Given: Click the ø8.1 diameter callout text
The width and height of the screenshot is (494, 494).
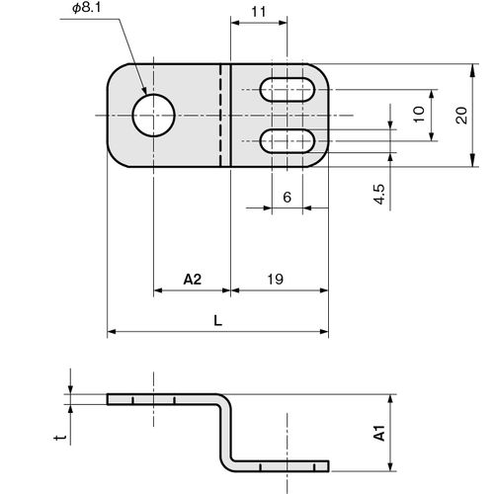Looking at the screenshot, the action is (87, 8).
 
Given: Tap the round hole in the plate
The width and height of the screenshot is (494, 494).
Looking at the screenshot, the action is (153, 116).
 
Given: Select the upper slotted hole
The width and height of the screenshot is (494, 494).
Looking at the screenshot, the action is (288, 90).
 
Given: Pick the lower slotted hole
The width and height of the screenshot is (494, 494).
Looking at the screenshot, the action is (288, 141).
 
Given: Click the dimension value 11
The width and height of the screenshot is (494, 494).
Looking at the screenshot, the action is (259, 12).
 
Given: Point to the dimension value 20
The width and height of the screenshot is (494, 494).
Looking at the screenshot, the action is (461, 116).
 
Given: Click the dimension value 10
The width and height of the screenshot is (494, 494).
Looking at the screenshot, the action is (419, 115).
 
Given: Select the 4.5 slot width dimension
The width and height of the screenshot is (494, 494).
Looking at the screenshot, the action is (379, 195).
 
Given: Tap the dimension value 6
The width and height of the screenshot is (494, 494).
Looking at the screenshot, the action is (288, 198).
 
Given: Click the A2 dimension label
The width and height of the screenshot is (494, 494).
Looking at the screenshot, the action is (193, 280).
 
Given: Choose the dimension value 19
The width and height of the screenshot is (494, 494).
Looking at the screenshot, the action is (275, 280).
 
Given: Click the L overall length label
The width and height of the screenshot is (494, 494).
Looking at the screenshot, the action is (218, 320).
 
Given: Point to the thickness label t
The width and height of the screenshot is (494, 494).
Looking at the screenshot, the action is (60, 438).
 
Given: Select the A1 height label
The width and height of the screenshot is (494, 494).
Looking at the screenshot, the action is (379, 433).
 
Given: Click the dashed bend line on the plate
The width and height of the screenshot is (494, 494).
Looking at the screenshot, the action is (220, 116).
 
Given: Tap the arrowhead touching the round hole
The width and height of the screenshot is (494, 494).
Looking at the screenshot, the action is (144, 90).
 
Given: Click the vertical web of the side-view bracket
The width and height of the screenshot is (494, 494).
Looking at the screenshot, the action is (224, 433).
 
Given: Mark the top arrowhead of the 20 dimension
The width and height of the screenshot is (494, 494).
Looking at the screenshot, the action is (472, 70).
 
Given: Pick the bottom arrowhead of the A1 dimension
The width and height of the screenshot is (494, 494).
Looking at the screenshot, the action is (390, 464).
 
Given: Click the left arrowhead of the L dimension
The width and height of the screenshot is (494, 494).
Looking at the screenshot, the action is (112, 332).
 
